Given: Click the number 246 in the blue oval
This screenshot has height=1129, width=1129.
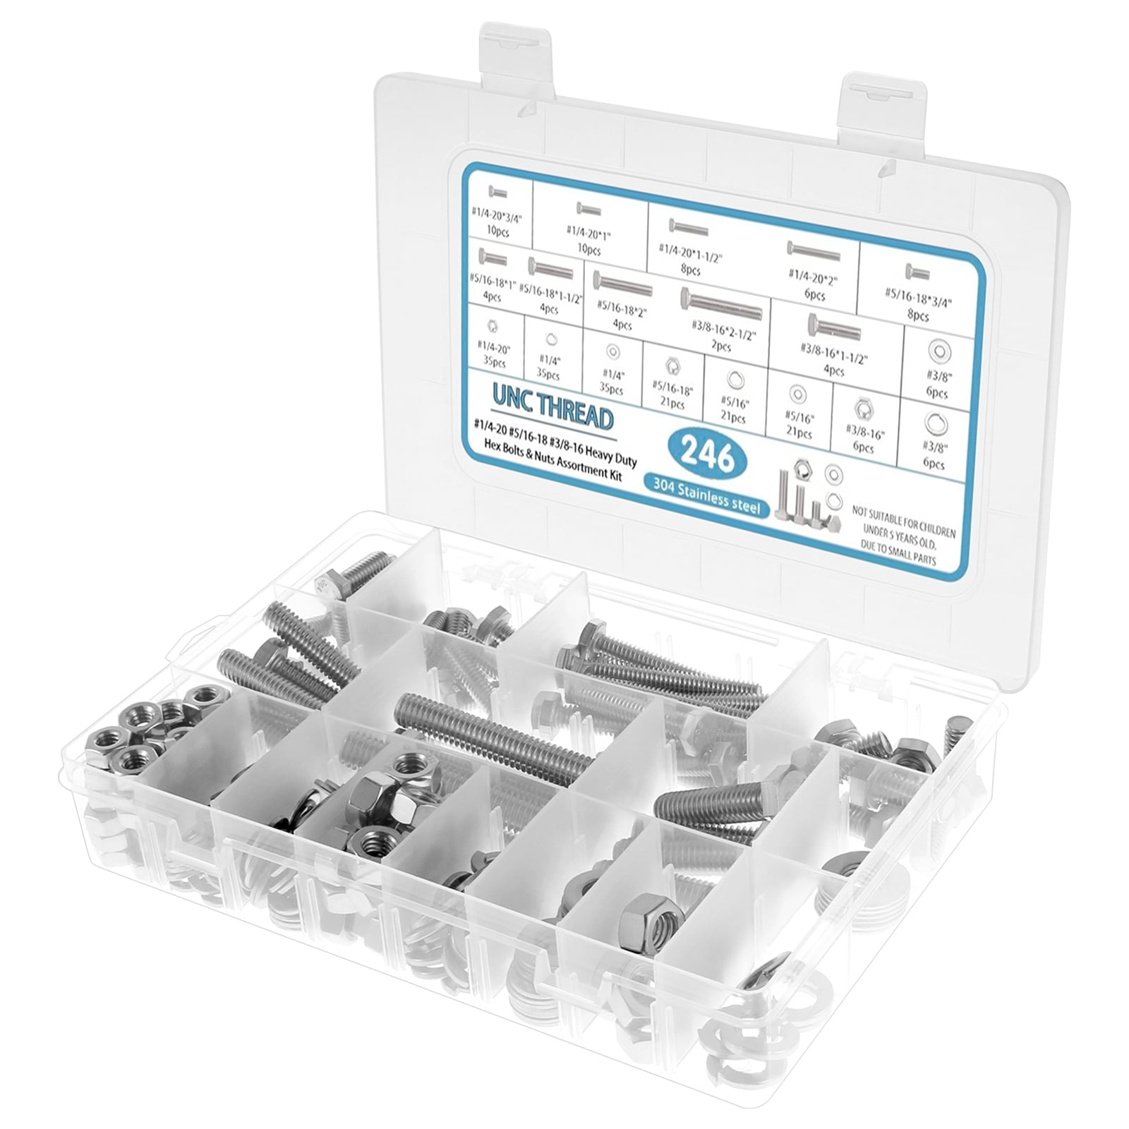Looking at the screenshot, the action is [x=708, y=459].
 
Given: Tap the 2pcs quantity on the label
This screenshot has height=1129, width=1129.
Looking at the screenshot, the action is [x=720, y=346].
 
